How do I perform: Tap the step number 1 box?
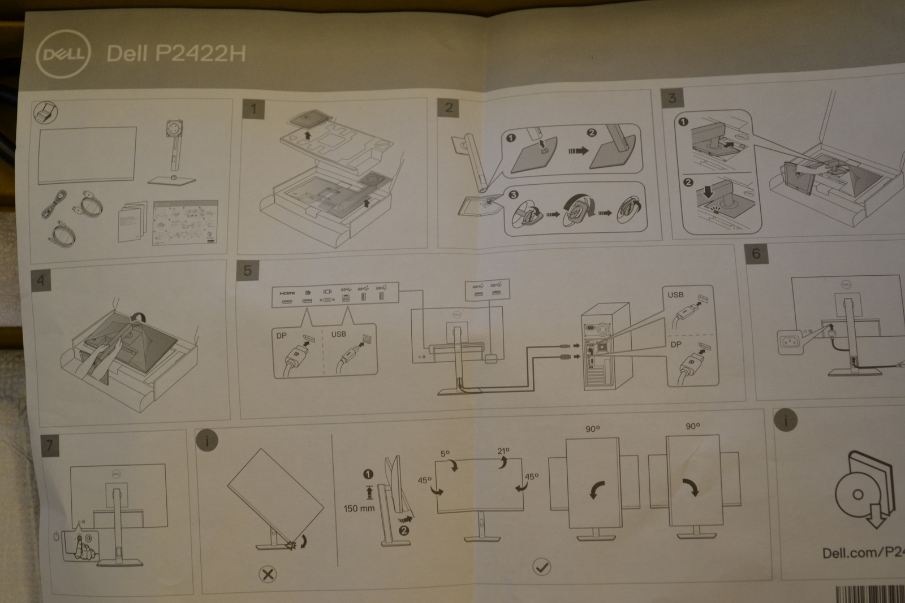[253, 109]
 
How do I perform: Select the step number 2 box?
[449, 108]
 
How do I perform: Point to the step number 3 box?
[672, 97]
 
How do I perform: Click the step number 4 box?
[41, 280]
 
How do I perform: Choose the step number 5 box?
[247, 271]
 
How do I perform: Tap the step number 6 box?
[756, 254]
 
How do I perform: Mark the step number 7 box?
[50, 445]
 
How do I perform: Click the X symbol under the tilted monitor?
[268, 575]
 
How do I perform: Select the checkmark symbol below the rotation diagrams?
[542, 566]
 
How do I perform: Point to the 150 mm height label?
[359, 509]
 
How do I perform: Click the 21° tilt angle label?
[503, 451]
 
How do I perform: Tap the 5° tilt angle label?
[445, 454]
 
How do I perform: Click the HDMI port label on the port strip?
[287, 293]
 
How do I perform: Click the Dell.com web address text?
[863, 552]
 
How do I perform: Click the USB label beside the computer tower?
[675, 294]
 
